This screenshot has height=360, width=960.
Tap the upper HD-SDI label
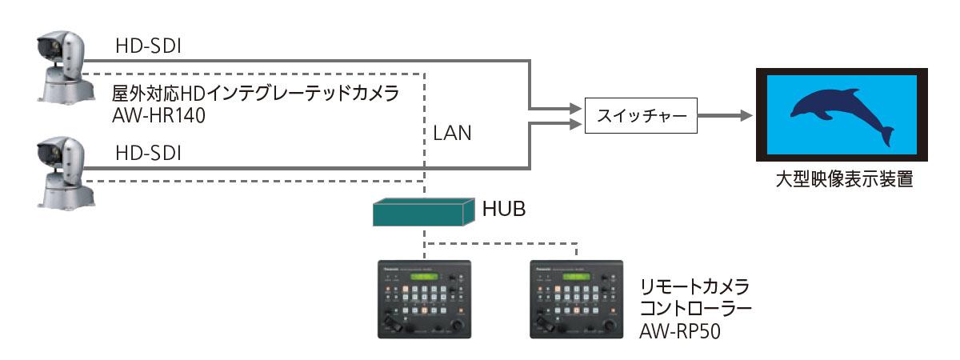point(149,47)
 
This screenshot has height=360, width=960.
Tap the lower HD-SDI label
point(149,152)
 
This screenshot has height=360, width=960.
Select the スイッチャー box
point(640,118)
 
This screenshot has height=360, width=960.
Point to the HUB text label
point(504,210)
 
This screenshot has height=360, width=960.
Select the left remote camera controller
point(424,298)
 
